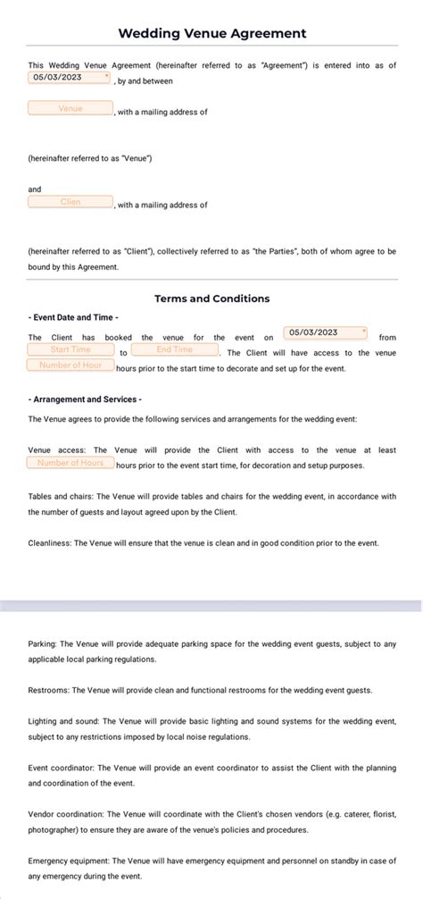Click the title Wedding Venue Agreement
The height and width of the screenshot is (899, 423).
click(211, 33)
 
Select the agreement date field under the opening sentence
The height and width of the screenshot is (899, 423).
click(70, 78)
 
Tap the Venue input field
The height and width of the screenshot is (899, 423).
click(70, 109)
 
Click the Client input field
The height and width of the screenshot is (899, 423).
click(70, 202)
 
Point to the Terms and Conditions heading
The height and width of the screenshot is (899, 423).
click(211, 298)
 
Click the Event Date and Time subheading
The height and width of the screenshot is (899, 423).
click(73, 317)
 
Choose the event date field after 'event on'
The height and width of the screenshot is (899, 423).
click(326, 332)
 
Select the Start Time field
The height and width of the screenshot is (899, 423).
click(70, 349)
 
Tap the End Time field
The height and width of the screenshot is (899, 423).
click(174, 349)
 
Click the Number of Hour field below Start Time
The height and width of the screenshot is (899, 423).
click(70, 365)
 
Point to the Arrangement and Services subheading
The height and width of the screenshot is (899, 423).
click(85, 399)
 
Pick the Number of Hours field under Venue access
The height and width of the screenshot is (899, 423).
click(70, 463)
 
